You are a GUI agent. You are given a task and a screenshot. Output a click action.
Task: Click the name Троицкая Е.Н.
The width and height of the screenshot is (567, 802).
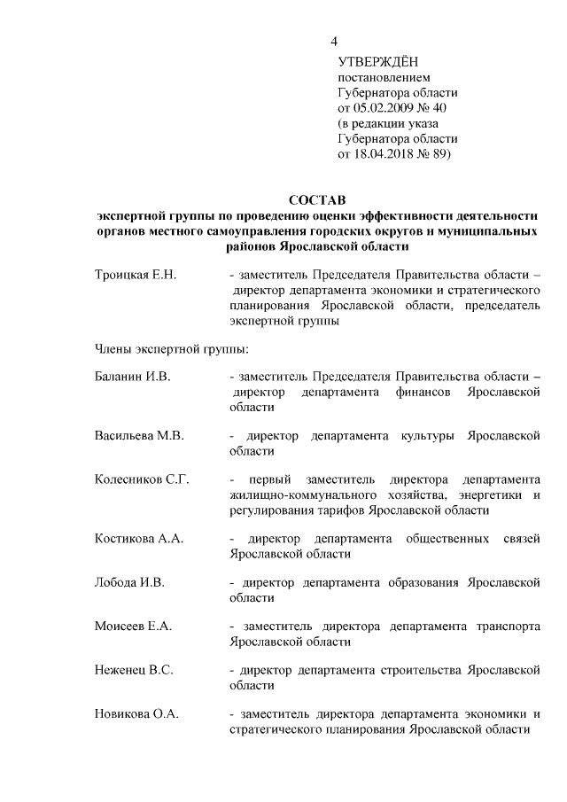click(x=136, y=276)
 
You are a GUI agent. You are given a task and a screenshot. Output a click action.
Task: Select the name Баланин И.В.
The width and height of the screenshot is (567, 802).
click(x=132, y=376)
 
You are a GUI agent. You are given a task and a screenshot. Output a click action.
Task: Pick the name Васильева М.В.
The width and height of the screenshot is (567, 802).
click(x=138, y=436)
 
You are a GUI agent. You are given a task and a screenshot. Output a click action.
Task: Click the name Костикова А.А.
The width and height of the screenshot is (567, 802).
click(x=138, y=539)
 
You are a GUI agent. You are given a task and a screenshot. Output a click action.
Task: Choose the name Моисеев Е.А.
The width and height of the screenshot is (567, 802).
click(x=133, y=627)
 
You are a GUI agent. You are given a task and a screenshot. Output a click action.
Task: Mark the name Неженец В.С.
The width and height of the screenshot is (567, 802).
click(x=133, y=670)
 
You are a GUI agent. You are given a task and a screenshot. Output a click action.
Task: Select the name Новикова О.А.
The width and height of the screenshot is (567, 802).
click(x=136, y=713)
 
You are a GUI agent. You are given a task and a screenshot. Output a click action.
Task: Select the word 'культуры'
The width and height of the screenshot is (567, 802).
click(x=430, y=436)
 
